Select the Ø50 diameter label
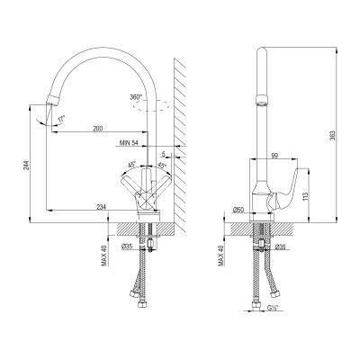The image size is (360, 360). [239, 210]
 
